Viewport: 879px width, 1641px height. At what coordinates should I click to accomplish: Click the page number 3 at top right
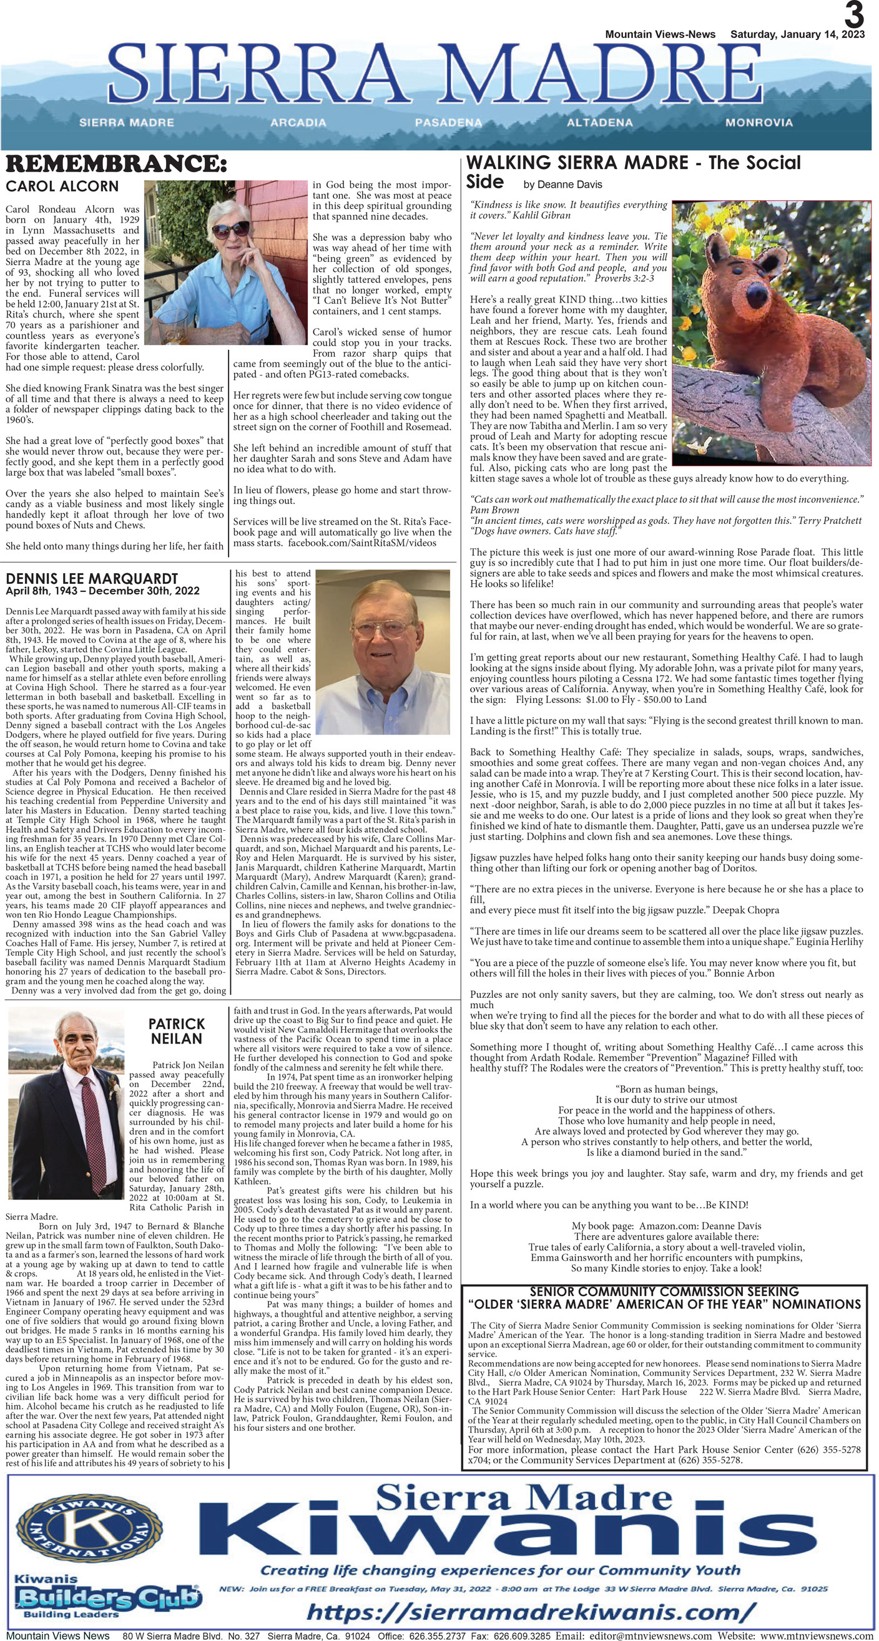pos(854,14)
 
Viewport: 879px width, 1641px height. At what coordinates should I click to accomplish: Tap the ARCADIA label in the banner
pos(298,122)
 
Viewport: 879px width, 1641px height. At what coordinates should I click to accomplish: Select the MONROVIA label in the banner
pos(759,122)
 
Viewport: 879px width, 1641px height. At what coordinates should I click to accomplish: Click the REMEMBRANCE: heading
pos(116,165)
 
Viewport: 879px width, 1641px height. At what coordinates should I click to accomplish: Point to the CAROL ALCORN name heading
pos(62,186)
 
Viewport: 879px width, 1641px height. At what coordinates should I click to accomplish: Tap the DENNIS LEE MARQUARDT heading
pos(92,578)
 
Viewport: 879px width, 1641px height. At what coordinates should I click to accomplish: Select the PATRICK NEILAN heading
pos(177,1031)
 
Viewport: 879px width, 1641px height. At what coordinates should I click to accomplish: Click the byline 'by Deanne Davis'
pos(562,185)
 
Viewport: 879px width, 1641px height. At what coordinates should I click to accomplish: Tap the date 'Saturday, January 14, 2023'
pos(797,34)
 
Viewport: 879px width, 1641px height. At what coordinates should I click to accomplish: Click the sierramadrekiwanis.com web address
pos(531,1612)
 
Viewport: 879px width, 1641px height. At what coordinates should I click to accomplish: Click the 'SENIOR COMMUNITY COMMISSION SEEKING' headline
pos(664,1291)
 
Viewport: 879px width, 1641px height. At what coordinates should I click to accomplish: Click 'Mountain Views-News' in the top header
pos(660,34)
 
